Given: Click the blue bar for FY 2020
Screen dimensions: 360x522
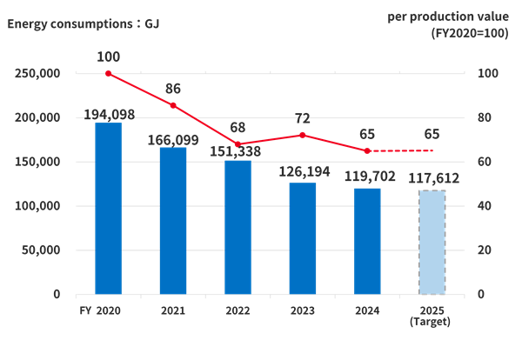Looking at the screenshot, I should [108, 208].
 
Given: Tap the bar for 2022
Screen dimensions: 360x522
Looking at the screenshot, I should [238, 227].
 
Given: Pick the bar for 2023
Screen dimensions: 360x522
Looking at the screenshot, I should [303, 238].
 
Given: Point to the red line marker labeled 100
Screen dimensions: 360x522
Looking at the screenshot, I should [109, 73].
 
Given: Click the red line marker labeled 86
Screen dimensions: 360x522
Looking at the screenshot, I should [173, 104].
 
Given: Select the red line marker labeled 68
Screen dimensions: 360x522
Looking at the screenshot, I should [238, 144].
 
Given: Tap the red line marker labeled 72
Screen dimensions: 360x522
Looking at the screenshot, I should [303, 135].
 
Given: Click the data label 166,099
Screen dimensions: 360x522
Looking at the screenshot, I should [173, 139].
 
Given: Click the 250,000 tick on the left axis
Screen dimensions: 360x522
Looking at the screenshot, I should [37, 74].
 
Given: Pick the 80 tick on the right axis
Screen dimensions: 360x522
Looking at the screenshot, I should [485, 117].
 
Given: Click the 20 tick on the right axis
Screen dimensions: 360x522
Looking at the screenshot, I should [485, 250].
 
